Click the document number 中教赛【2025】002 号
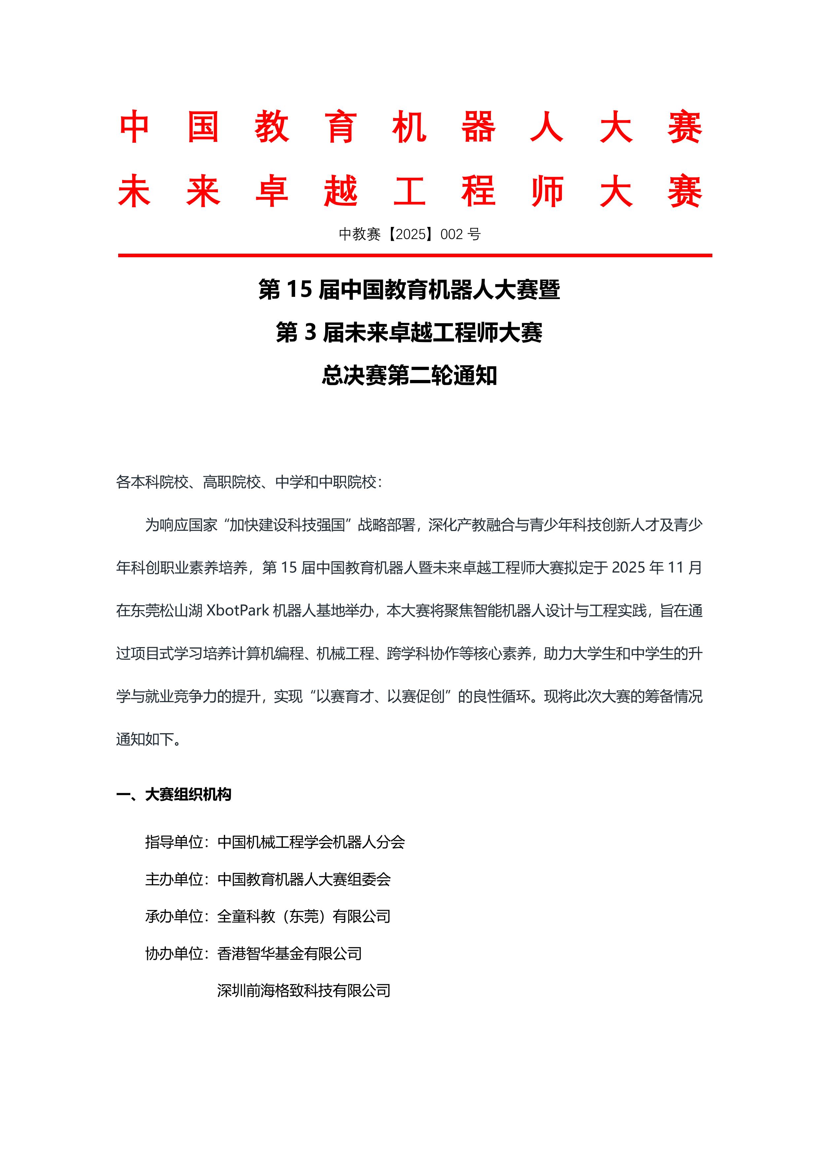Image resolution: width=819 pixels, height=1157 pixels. click(409, 234)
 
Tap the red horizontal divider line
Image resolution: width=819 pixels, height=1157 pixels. click(415, 256)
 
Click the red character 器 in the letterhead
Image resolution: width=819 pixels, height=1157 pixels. click(478, 128)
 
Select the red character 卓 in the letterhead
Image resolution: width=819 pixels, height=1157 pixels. click(272, 192)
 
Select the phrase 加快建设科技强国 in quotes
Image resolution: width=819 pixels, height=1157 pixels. click(287, 525)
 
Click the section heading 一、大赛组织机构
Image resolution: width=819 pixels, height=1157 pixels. click(174, 795)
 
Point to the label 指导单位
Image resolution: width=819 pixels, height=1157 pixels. click(174, 842)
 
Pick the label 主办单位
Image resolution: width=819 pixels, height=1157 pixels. click(174, 879)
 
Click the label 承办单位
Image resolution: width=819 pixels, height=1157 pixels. click(174, 916)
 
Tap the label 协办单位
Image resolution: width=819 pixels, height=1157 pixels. click(174, 954)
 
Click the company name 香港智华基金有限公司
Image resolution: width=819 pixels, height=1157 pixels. click(290, 954)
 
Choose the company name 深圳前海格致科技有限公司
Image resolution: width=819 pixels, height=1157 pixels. click(304, 991)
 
